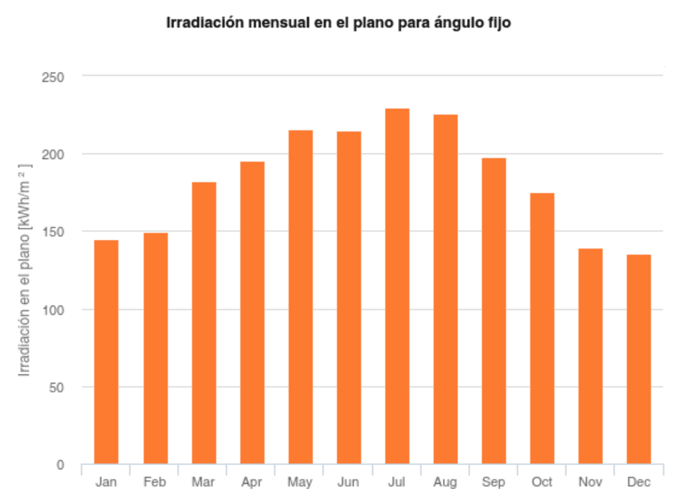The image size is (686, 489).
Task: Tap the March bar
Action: click(x=204, y=323)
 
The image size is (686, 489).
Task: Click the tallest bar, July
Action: click(x=397, y=286)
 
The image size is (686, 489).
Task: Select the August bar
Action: click(x=446, y=289)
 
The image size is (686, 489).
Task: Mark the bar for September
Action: click(x=494, y=311)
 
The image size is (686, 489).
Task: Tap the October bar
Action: click(x=542, y=328)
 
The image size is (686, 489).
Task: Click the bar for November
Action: click(x=591, y=356)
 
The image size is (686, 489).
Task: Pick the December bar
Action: click(x=639, y=359)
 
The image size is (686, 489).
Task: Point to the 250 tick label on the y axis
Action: click(x=54, y=77)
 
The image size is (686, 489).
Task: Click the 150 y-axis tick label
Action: click(x=54, y=232)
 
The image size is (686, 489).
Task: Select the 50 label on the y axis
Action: click(x=57, y=387)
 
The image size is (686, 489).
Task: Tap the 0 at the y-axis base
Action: click(x=60, y=465)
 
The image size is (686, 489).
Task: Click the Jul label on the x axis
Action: click(x=397, y=482)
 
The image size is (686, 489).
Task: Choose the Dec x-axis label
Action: click(x=639, y=482)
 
